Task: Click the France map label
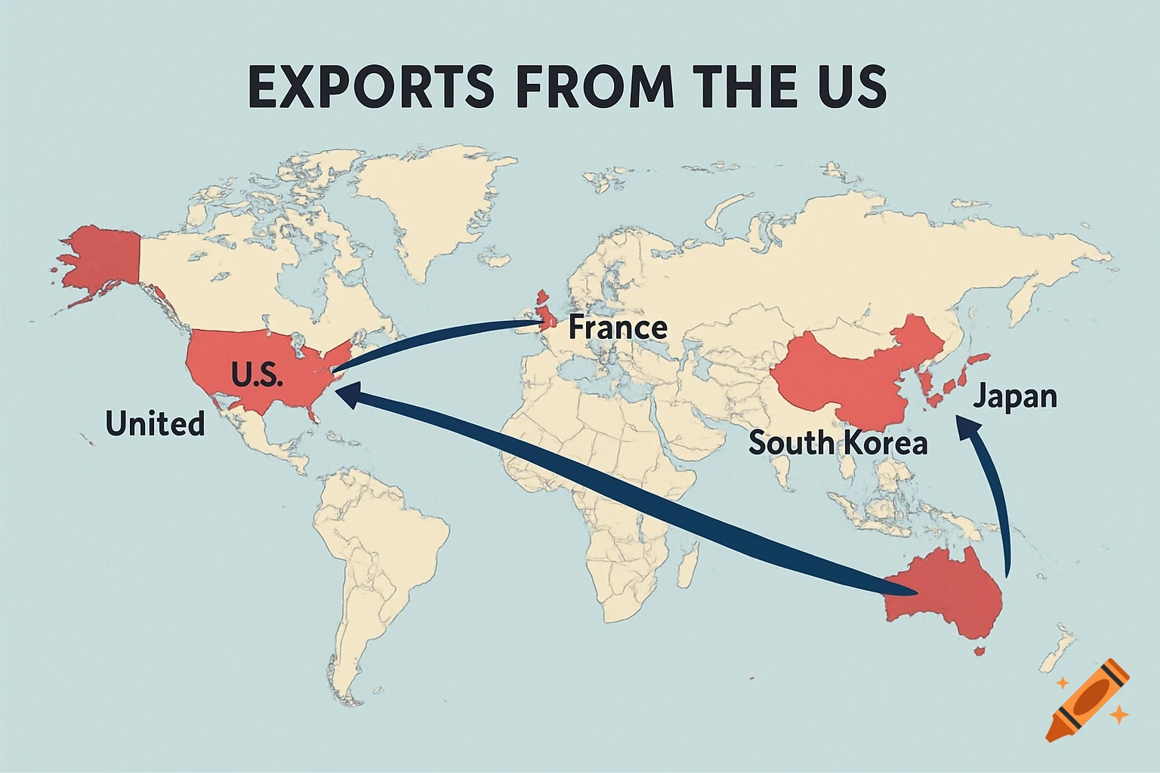[x=617, y=328]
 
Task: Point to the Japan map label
[x=1014, y=396]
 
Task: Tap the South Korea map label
[x=838, y=442]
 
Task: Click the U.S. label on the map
[x=257, y=374]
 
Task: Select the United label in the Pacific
[x=155, y=423]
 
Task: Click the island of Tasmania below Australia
[x=980, y=650]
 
